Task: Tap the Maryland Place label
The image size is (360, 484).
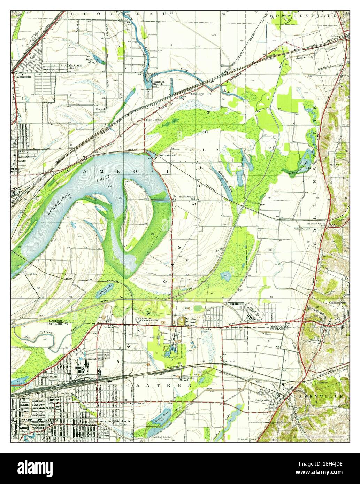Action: (75, 67)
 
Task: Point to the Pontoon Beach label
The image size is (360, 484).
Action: (159, 83)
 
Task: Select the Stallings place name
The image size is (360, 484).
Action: (197, 94)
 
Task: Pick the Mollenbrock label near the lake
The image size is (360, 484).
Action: (167, 155)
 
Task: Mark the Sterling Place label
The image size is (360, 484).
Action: (247, 440)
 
